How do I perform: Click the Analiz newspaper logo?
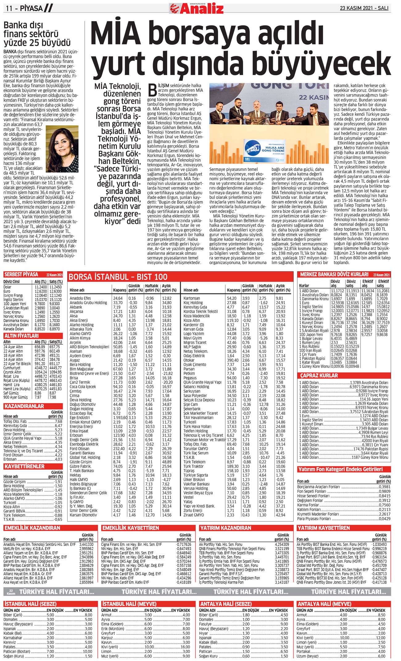coord(197,8)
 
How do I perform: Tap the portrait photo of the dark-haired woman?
coord(62,149)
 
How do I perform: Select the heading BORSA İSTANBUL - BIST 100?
coord(118,277)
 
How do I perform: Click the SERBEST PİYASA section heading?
coord(21,274)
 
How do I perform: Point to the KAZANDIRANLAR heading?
coord(24,406)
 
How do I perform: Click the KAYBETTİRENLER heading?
coord(24,466)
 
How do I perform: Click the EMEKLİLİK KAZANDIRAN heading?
coord(32,528)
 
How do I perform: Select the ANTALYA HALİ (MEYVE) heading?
coord(324,604)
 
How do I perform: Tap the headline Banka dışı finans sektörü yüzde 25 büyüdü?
coord(37,34)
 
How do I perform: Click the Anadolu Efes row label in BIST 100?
coord(80,298)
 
